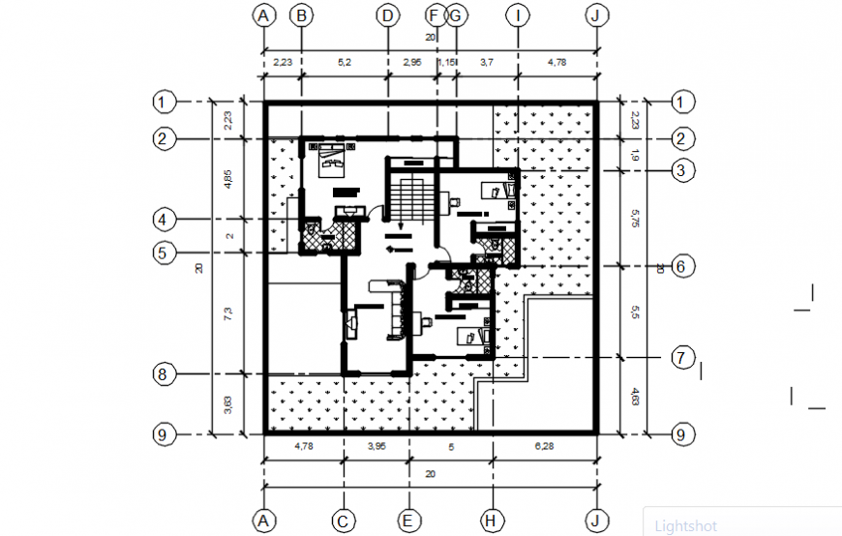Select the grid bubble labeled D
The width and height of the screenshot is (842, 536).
(387, 15)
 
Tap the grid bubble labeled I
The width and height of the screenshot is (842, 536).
(519, 15)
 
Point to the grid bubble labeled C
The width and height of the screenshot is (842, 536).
(343, 521)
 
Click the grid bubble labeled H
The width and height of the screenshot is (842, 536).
(492, 521)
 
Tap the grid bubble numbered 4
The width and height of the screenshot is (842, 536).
(165, 220)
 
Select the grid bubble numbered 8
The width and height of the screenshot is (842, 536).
(165, 373)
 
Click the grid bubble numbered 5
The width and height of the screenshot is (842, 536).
(165, 253)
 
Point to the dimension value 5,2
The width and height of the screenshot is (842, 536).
(345, 62)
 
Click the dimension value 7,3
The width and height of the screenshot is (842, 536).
(228, 313)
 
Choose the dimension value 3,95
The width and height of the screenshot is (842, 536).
(375, 446)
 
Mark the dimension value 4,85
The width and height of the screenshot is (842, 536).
(228, 178)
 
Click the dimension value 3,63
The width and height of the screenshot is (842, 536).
(228, 402)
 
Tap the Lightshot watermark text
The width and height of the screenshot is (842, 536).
(685, 526)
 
